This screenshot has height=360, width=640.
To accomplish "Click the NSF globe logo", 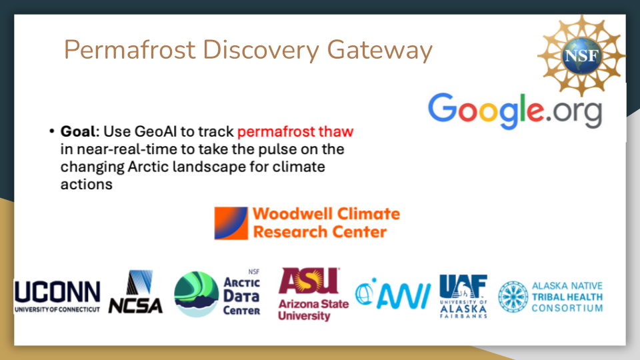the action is (581, 55).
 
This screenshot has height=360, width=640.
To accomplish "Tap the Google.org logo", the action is (515, 110).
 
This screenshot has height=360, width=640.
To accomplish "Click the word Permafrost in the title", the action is (130, 50).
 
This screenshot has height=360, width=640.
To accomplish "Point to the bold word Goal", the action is (77, 131).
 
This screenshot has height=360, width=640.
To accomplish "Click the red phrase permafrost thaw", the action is (295, 131).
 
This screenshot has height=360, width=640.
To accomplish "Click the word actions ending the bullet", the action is (86, 185).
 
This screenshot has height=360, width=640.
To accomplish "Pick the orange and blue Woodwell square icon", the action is (231, 223).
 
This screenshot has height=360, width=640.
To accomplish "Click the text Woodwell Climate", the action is (326, 214).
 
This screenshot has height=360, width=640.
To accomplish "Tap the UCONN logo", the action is (57, 296).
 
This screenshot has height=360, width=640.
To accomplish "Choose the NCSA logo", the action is (135, 291).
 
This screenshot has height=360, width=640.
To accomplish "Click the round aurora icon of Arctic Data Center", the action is (196, 294).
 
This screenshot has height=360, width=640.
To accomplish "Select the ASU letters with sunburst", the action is (309, 281).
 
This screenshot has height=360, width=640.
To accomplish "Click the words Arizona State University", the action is (313, 310).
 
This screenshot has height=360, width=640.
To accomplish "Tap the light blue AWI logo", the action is (393, 293).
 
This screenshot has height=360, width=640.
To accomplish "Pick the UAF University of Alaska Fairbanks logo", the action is (463, 296).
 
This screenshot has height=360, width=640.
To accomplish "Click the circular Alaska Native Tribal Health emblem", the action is (513, 297).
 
